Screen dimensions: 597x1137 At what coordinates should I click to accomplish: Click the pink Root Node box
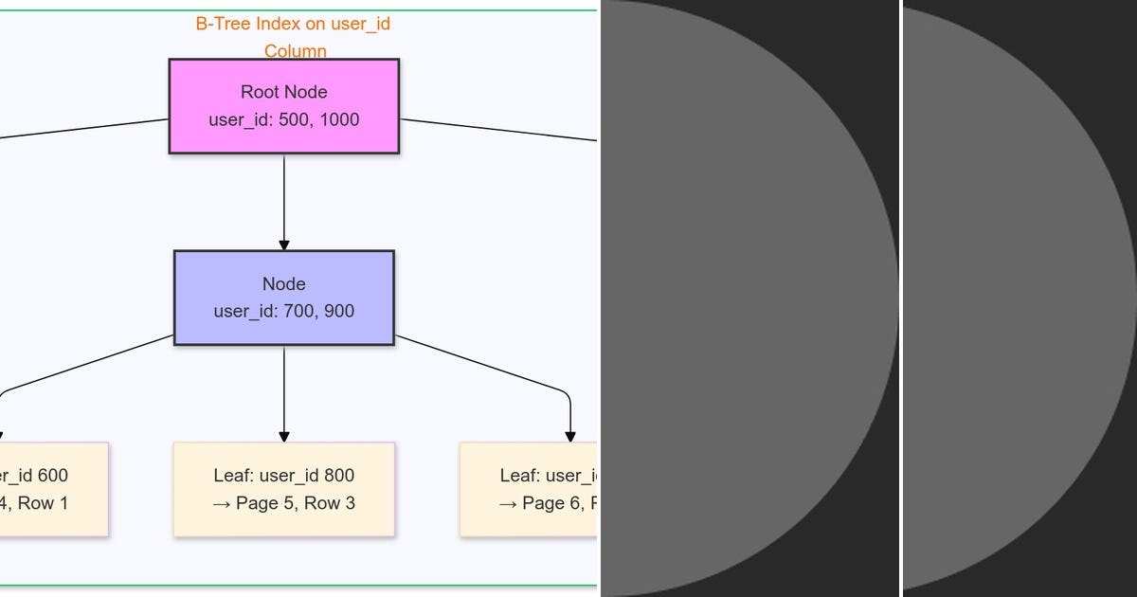(283, 105)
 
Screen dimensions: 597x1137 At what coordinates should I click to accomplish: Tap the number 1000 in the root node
(339, 120)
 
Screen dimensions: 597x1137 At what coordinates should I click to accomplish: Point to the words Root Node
(283, 92)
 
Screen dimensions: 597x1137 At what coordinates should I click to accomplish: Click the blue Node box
(283, 298)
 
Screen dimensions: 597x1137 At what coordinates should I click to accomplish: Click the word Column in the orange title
(295, 51)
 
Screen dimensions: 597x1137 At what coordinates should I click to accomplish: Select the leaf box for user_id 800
(283, 489)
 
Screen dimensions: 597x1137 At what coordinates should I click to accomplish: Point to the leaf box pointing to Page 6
(528, 489)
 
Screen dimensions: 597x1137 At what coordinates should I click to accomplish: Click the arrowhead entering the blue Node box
(283, 245)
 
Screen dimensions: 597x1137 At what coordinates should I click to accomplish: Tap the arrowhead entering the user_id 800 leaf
(283, 437)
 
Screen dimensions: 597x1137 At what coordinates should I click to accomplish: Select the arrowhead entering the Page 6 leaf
(569, 437)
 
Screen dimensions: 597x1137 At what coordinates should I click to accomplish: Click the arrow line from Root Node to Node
(283, 199)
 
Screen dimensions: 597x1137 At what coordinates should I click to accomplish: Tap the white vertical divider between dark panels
(900, 298)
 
